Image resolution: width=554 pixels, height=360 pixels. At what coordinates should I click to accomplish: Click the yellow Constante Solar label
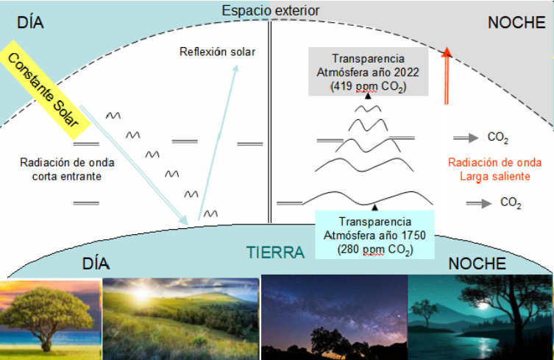coord(45,90)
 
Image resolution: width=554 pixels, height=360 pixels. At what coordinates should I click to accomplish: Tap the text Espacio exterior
coord(271,10)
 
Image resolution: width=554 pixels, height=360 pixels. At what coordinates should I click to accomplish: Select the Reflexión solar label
coord(217,52)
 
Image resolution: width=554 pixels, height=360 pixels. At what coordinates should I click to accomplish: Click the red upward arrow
coord(447,76)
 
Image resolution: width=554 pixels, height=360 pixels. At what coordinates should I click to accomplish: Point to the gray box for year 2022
coord(368,72)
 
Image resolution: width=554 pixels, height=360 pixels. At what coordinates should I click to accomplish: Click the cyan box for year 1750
coord(374,235)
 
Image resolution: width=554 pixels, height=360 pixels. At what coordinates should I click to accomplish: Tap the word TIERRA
coord(275,253)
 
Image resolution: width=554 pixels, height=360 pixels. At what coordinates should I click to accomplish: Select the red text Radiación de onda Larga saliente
coord(494,169)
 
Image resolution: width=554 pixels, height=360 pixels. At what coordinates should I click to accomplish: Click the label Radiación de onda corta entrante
coord(67,169)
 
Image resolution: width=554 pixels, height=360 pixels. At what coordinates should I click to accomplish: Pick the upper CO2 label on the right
coord(498,137)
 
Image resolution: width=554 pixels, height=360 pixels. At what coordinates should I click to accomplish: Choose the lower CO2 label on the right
coord(511,202)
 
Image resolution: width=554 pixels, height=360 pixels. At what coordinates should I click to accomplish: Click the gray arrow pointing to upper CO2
coord(466,138)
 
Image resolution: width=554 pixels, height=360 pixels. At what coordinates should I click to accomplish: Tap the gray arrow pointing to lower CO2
coord(479,203)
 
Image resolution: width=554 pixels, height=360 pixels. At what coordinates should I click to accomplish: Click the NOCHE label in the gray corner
coord(516,23)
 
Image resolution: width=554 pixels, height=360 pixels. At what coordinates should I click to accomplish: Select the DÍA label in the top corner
coord(30,22)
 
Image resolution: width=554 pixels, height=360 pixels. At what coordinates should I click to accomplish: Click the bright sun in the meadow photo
coord(141,293)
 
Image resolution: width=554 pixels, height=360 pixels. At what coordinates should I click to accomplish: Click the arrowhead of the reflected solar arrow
coord(235,68)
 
